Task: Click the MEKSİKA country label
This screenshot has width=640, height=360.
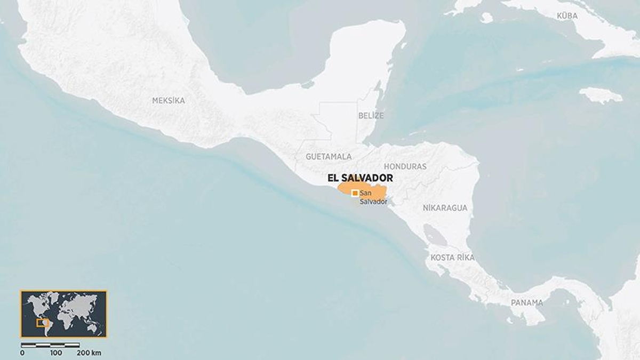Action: click(x=169, y=100)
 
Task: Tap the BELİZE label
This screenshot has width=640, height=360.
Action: click(x=371, y=115)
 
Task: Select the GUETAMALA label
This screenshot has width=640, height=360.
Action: click(x=329, y=156)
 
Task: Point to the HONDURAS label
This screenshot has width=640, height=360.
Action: click(x=405, y=166)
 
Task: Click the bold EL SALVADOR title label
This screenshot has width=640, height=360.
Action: click(x=360, y=178)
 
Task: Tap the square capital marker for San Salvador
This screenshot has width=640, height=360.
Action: click(x=355, y=193)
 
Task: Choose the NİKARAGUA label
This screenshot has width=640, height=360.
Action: click(x=444, y=208)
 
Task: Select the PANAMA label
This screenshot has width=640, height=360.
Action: click(x=526, y=302)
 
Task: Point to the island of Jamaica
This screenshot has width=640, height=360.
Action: click(x=600, y=95)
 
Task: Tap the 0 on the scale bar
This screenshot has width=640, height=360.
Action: click(x=22, y=353)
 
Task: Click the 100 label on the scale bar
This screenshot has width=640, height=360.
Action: click(x=55, y=353)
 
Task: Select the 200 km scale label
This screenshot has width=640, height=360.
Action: click(x=89, y=353)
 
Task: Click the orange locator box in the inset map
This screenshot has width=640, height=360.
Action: click(x=43, y=323)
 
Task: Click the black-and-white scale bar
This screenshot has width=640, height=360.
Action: click(x=51, y=345)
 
